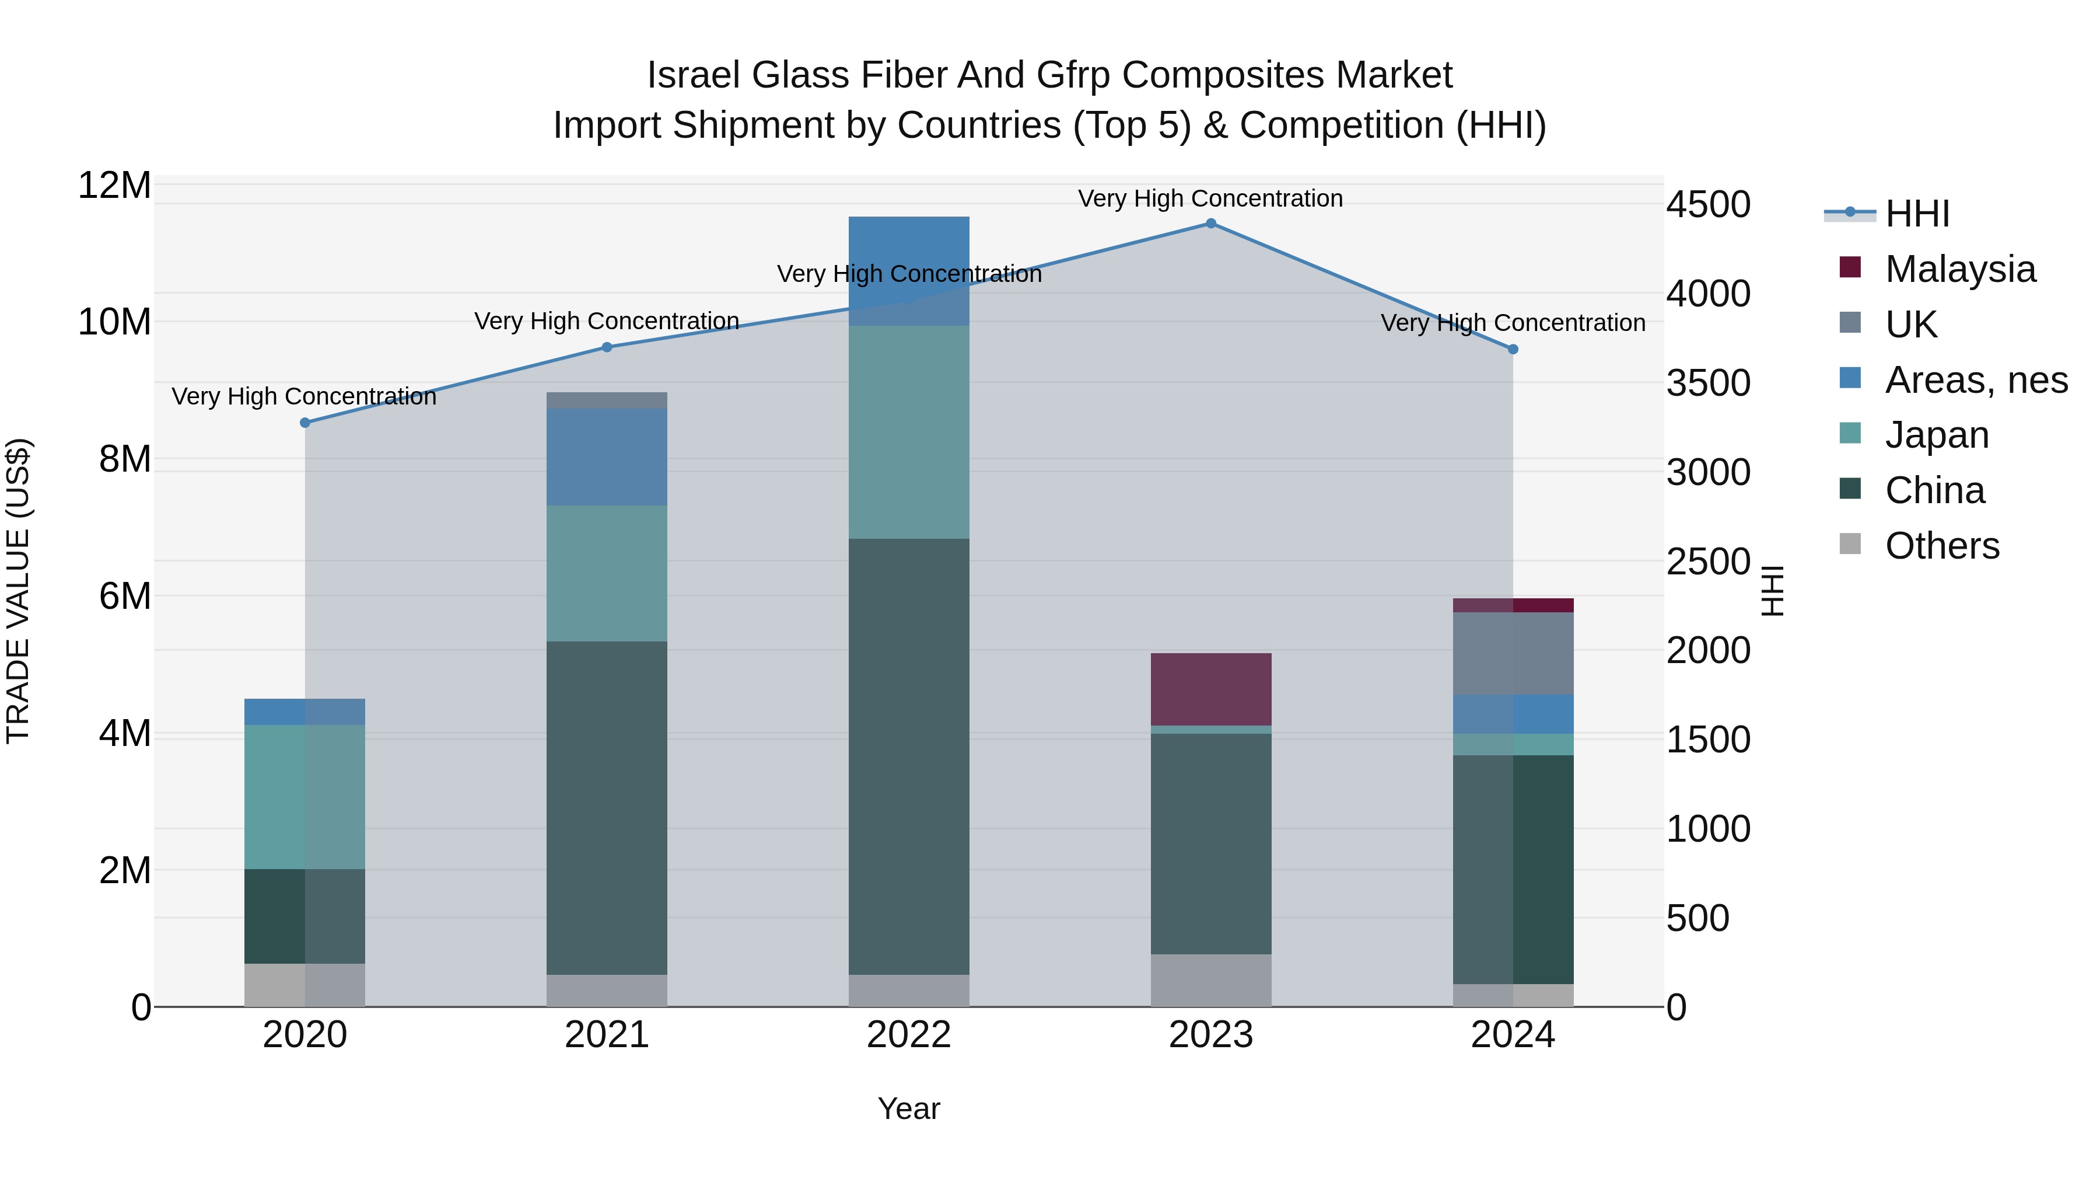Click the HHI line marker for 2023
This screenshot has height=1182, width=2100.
point(1210,224)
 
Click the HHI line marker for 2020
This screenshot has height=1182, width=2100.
point(305,423)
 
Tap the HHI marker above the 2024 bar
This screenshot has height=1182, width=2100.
point(1513,349)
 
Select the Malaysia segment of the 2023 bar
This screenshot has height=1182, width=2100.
point(1210,689)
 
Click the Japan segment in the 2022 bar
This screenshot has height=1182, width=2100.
point(909,433)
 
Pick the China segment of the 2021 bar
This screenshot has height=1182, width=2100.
point(607,808)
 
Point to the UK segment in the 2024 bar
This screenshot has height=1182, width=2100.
point(1513,653)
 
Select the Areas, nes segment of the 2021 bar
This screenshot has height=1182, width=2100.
point(607,457)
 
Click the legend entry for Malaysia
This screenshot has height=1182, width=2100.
point(1960,269)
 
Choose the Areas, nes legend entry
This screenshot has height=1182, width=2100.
point(1976,380)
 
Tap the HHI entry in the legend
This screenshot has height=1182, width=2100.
point(1917,214)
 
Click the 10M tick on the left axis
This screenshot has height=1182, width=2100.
point(114,322)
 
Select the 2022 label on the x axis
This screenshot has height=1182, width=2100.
point(909,1035)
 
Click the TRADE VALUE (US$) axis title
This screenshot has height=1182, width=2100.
point(18,591)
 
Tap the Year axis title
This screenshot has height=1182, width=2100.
point(909,1110)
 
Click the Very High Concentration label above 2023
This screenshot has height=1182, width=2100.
point(1210,198)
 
